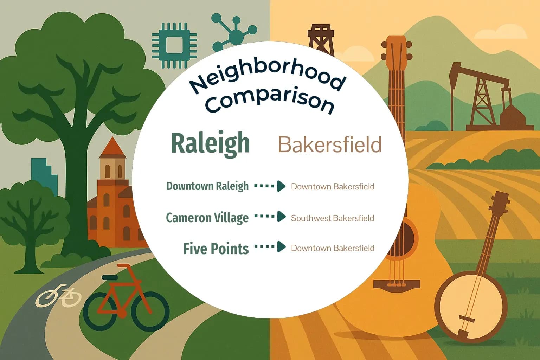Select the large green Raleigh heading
(210, 143)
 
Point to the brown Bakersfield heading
(330, 144)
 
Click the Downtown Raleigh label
(207, 186)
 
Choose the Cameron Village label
(207, 218)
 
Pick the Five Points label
(216, 249)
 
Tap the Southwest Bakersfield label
(332, 218)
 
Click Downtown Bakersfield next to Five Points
(332, 248)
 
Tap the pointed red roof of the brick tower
(112, 148)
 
